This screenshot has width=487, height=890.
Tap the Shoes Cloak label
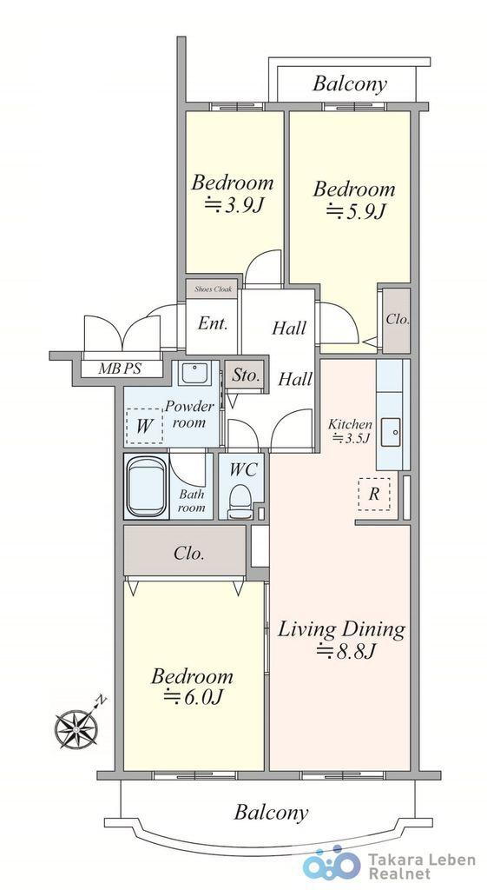pos(214,289)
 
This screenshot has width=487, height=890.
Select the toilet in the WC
pos(240,501)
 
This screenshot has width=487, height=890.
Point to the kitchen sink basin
pos(392,434)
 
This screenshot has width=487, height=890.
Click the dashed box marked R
pos(373,494)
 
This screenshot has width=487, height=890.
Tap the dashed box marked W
pos(144,426)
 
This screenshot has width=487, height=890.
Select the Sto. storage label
pos(246,375)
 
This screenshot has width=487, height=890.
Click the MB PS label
pos(119,369)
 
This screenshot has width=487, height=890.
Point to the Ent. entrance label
pos(214,323)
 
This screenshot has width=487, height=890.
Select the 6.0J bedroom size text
pos(193,697)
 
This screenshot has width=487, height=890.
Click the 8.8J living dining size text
pos(346,651)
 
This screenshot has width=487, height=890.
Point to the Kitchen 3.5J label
pos(351,430)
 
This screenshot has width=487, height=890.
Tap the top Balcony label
pos(350,84)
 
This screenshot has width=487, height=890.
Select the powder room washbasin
pos(195,373)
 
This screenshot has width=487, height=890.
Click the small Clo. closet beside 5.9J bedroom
pos(397,320)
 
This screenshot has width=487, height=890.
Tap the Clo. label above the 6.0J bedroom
pos(188,553)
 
